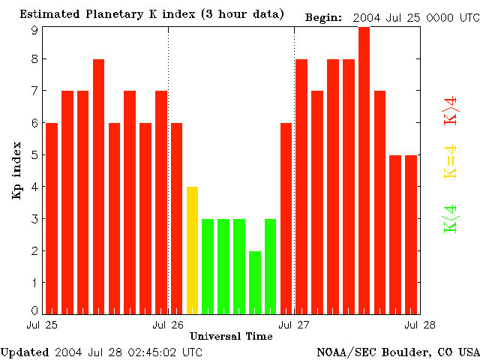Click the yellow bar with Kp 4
click(x=192, y=250)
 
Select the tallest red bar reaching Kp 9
click(x=364, y=169)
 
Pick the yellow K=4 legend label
click(x=451, y=161)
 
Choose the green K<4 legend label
click(x=451, y=218)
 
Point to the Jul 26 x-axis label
click(x=168, y=325)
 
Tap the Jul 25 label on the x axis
click(x=42, y=325)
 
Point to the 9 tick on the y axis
click(x=34, y=29)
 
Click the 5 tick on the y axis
click(x=34, y=155)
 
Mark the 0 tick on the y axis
click(x=34, y=310)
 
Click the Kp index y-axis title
click(x=16, y=170)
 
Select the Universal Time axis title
click(x=231, y=336)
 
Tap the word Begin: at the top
click(x=324, y=16)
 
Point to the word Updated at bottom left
click(x=24, y=351)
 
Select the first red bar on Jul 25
click(x=52, y=217)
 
